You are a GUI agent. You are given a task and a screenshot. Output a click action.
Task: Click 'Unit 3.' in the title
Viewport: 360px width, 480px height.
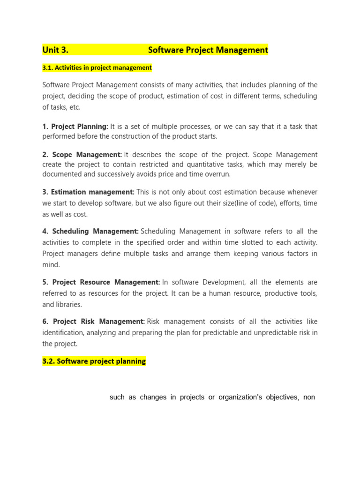[x=55, y=50]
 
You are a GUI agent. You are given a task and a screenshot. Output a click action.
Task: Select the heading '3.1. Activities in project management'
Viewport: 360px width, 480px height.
[x=97, y=67]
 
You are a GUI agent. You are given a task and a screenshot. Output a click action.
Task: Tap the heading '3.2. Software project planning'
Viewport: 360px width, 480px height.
[x=94, y=361]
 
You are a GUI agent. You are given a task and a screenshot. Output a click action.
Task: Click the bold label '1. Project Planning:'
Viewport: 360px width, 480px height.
[x=75, y=127]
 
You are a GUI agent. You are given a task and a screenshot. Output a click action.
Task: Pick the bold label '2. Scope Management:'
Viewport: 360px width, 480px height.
[x=82, y=155]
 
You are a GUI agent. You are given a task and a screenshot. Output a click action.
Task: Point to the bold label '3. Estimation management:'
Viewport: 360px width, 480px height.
[x=88, y=192]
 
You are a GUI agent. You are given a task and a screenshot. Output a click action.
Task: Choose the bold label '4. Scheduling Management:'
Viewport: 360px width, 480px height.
[x=90, y=231]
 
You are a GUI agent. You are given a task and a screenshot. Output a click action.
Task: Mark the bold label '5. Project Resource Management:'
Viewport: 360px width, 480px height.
[x=101, y=282]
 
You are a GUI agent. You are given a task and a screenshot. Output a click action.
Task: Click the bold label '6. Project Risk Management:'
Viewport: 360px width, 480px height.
[x=94, y=322]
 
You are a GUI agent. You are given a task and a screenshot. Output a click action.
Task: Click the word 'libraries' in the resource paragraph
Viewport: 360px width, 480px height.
[x=69, y=304]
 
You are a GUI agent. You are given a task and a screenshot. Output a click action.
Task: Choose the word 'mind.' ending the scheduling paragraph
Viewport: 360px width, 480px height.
[x=51, y=264]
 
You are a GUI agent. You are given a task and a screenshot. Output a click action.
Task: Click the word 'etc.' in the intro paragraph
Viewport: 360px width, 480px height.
[x=75, y=107]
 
